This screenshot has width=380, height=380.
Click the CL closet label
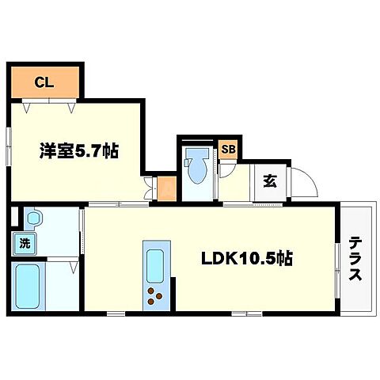(44, 80)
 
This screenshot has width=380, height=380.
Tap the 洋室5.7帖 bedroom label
(80, 151)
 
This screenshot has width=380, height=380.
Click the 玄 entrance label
(269, 180)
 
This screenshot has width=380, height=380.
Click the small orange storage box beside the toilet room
(167, 189)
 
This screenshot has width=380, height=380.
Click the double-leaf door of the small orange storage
(150, 190)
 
